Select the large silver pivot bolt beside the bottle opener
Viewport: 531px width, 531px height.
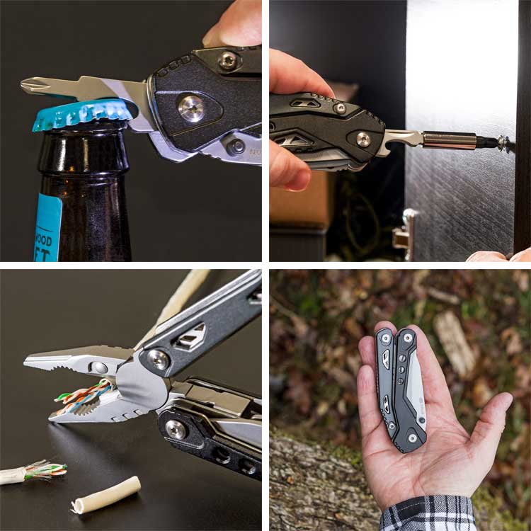pyautogui.click(x=191, y=108)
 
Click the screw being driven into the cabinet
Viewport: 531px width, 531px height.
pyautogui.click(x=504, y=142)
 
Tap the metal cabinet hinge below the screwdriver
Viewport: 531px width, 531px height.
pyautogui.click(x=404, y=233)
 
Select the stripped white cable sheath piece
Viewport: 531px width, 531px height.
pyautogui.click(x=106, y=493)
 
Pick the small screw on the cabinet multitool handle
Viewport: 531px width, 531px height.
pyautogui.click(x=341, y=108)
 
